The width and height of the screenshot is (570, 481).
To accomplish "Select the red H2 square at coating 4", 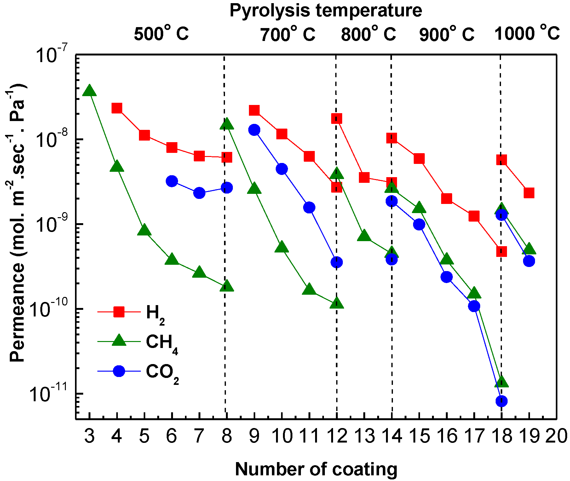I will coord(117,108).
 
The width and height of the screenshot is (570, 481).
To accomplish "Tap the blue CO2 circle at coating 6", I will coord(172,181).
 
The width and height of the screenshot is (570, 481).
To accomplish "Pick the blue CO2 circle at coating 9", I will coord(254,130).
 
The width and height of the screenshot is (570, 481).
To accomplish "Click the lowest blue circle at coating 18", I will coord(501,401).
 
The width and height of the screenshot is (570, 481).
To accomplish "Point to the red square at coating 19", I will coord(529,193).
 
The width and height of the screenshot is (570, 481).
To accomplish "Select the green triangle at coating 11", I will coord(309,289).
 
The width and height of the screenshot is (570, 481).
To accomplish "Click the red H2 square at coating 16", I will coord(446,199).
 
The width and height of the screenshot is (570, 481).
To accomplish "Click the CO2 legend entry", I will coord(139,371).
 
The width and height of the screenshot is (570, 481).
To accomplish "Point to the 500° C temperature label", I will coord(161,33).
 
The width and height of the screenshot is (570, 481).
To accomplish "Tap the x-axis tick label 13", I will coord(365,437).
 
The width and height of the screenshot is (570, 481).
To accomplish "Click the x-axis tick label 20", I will coord(556,437).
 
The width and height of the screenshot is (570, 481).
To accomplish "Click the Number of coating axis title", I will coord(316,469).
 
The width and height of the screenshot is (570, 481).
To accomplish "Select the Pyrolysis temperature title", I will coord(325,11).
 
